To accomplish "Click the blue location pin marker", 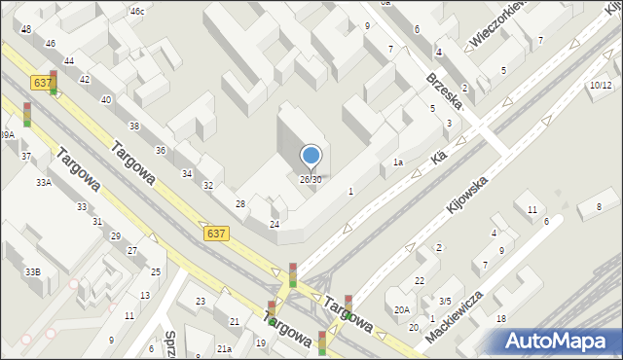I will click(x=311, y=156).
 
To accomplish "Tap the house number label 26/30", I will click(x=311, y=179).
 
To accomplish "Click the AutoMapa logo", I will click(x=560, y=341).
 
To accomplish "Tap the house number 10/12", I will click(x=600, y=86).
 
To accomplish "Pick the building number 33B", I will click(x=33, y=271).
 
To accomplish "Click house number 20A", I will click(x=402, y=310).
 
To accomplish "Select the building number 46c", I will click(x=137, y=12).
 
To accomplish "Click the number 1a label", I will click(x=398, y=162).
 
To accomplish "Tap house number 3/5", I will click(x=444, y=302).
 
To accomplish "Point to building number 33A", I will click(x=44, y=182).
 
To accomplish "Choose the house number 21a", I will click(x=224, y=348).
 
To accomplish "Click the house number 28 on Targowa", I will click(x=240, y=203).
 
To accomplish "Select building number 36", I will click(x=160, y=150).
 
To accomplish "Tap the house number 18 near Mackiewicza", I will click(x=500, y=319).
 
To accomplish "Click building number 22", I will click(x=420, y=281).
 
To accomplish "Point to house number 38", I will click(x=133, y=126).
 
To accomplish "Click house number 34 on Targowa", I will click(x=186, y=173).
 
